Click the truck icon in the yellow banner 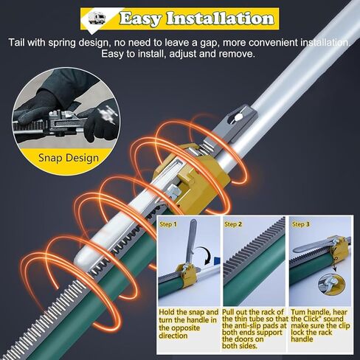(x=97, y=18)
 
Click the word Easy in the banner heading (x=140, y=18)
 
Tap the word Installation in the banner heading (x=220, y=18)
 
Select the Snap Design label (x=69, y=158)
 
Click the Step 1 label (x=168, y=224)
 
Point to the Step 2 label (x=233, y=224)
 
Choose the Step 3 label (x=301, y=224)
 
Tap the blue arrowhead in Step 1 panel (x=217, y=260)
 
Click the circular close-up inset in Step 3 (x=331, y=285)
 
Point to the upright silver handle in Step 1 (x=191, y=242)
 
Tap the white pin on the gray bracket (x=238, y=117)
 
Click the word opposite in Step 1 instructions (x=179, y=328)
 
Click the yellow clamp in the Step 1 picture (x=188, y=275)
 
